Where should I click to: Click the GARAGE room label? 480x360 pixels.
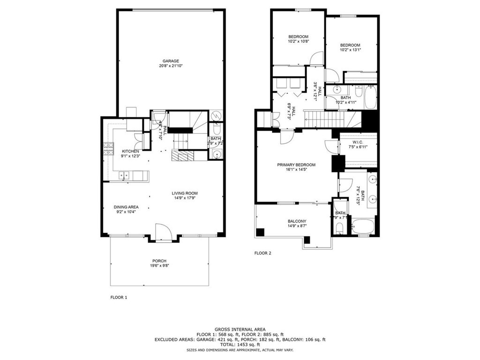(171, 61)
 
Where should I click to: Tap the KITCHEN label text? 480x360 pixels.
(130, 151)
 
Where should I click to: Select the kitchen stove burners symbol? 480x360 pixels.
(107, 149)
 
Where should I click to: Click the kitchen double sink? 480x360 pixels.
(125, 175)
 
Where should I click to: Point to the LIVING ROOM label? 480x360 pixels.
(184, 193)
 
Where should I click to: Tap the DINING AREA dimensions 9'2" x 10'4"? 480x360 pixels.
(126, 212)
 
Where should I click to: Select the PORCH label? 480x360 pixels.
(159, 261)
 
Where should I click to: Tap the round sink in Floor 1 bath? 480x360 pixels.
(216, 154)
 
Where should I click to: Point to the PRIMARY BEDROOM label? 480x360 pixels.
(296, 165)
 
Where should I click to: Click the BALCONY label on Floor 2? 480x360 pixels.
(297, 221)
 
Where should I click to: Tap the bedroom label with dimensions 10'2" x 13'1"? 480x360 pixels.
(350, 45)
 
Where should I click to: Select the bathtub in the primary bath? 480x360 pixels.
(363, 227)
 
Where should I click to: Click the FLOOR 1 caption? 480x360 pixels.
(119, 297)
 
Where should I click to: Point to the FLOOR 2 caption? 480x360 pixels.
(262, 253)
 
